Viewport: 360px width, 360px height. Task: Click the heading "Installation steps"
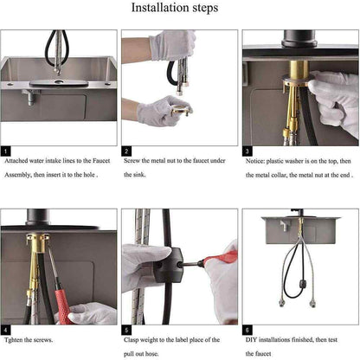click(x=175, y=8)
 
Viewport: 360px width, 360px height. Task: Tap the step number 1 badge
click(x=5, y=151)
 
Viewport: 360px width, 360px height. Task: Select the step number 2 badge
click(x=126, y=151)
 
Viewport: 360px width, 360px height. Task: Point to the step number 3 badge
click(x=247, y=151)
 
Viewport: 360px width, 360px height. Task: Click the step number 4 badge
click(x=5, y=330)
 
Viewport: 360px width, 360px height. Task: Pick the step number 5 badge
click(x=126, y=330)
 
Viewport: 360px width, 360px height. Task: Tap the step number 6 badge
click(x=247, y=330)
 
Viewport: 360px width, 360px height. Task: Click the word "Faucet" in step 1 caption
click(x=101, y=161)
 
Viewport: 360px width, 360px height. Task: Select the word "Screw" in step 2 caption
click(x=132, y=161)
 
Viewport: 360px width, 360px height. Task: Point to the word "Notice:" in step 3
click(x=255, y=161)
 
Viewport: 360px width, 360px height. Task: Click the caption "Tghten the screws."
click(x=29, y=340)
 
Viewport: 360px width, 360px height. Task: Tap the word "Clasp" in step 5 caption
click(x=132, y=340)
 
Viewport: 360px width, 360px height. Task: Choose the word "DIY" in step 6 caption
click(x=251, y=340)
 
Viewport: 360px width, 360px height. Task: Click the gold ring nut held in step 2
click(x=181, y=110)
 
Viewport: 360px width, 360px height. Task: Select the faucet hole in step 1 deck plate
click(x=59, y=82)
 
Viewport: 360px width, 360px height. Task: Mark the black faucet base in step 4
click(x=37, y=217)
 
